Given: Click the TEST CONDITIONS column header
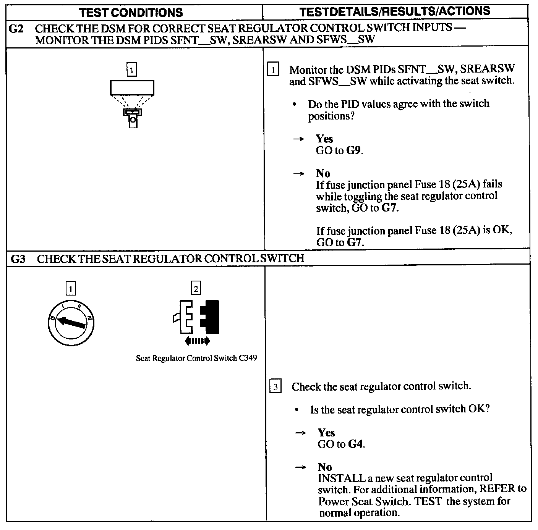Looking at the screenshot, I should (131, 12).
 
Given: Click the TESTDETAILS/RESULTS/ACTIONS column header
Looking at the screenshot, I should (395, 11).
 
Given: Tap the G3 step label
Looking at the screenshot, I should (18, 259).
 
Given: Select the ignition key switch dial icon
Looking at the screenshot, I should (71, 323).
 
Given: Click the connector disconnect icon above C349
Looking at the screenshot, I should (196, 317).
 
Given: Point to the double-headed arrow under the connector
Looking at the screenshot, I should (197, 341).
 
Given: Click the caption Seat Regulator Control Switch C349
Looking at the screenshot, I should (196, 359).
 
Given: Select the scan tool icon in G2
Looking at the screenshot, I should (132, 103).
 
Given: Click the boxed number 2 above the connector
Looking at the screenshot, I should (196, 289).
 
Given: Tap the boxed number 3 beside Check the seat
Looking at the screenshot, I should (275, 387).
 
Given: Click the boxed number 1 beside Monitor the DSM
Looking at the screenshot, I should (273, 70).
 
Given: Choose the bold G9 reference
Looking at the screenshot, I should (354, 150).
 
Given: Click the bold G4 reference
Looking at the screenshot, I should (356, 444).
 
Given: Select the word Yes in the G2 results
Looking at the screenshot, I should (324, 139).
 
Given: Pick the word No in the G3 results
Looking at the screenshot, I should (325, 467).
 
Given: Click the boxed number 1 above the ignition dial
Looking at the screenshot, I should (71, 289).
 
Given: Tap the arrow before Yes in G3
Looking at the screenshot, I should (301, 433).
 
